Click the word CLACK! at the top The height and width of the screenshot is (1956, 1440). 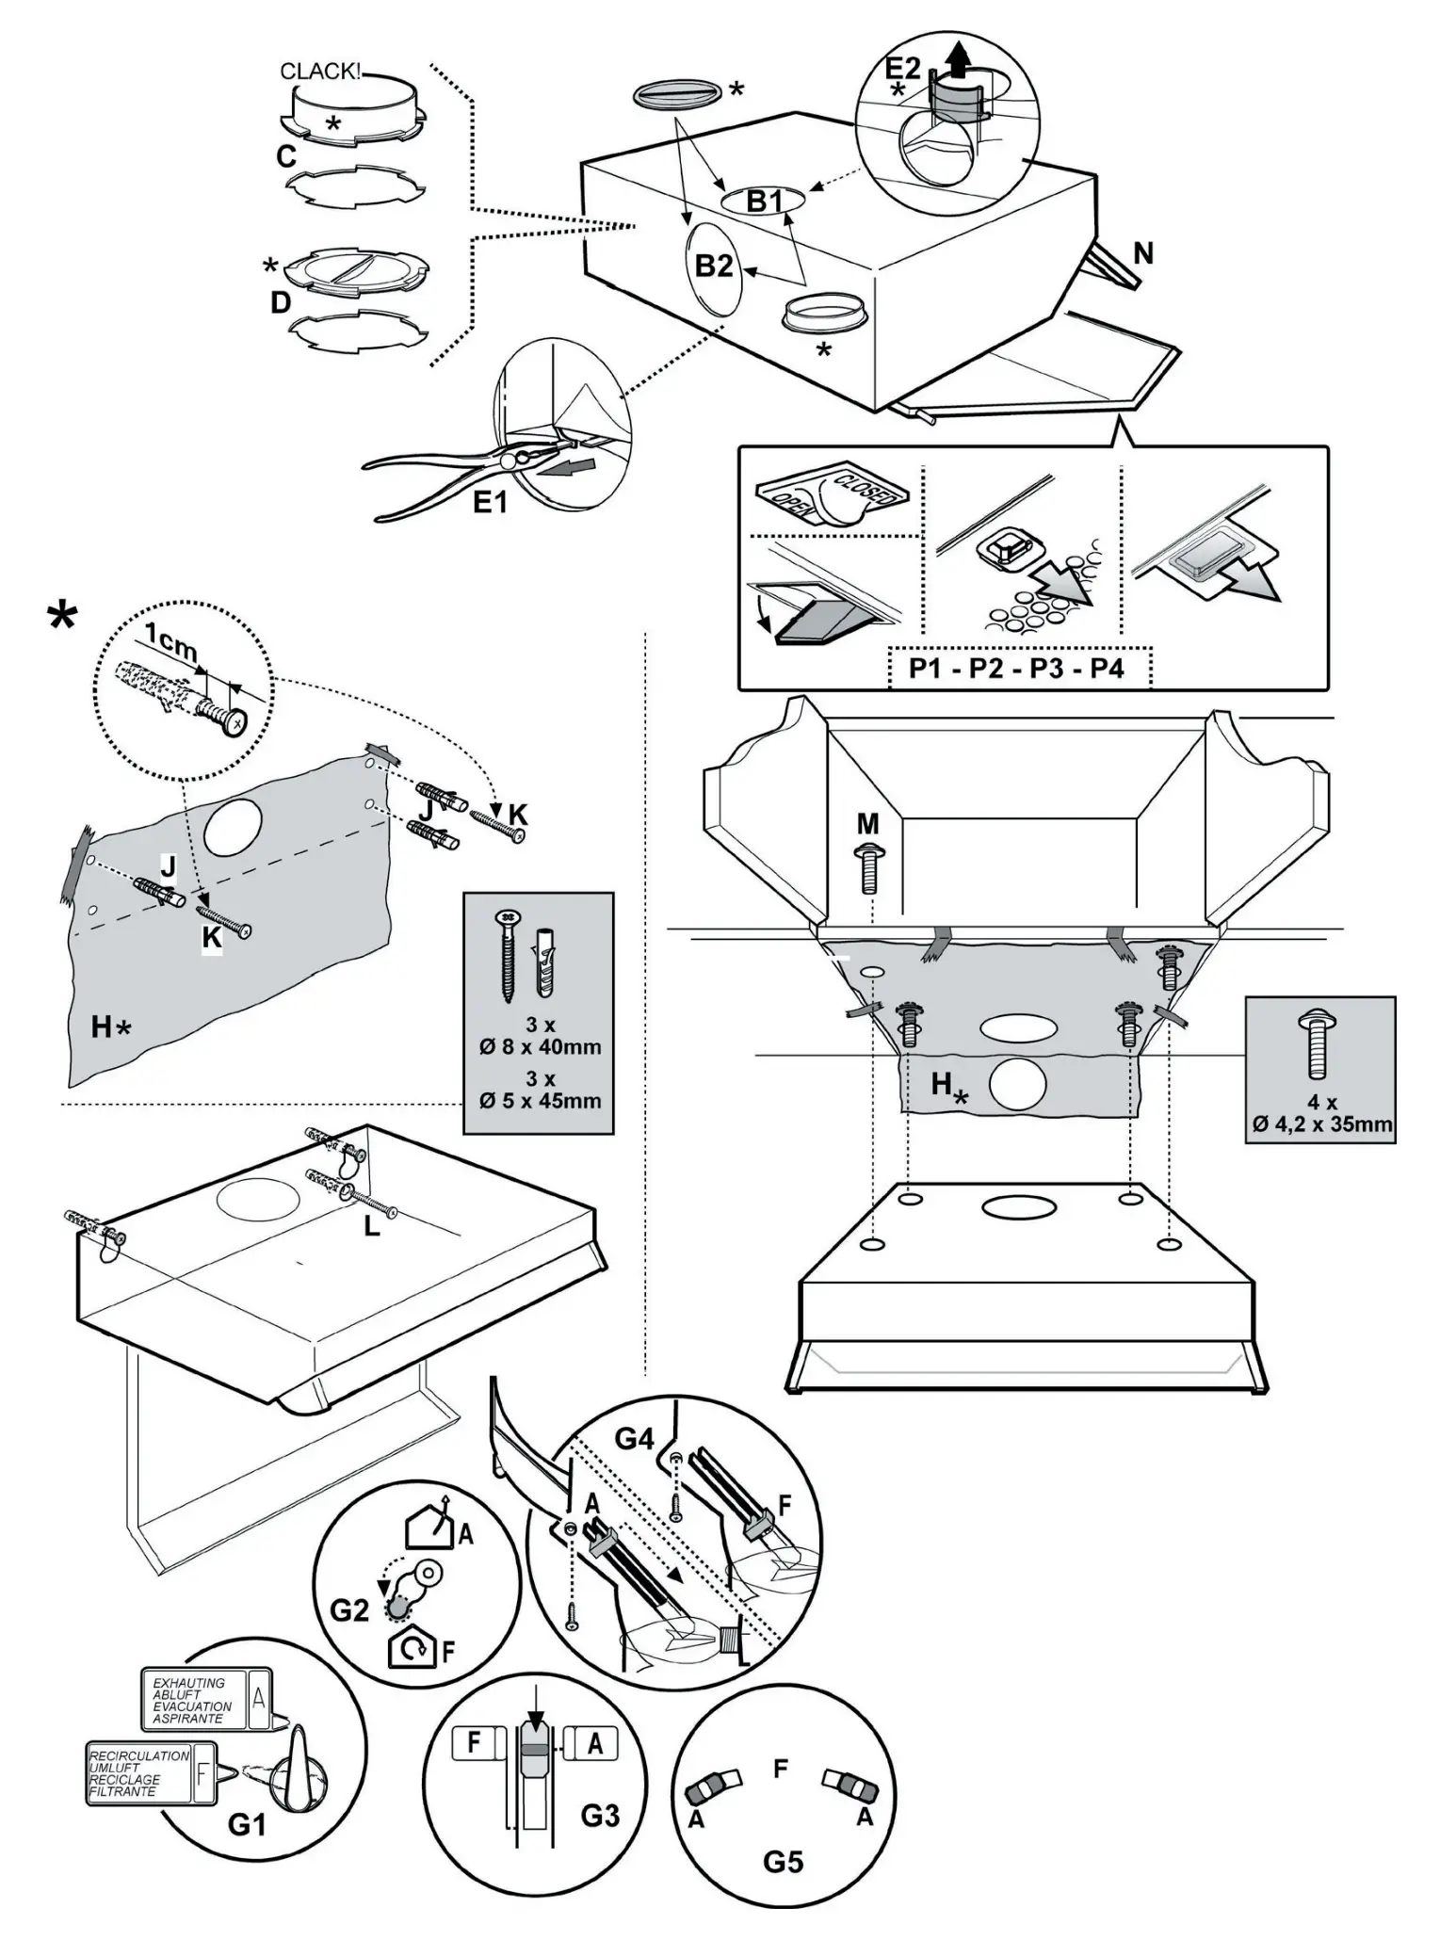(320, 73)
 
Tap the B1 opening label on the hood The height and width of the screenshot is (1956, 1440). (765, 201)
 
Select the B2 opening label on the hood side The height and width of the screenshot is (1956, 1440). (713, 267)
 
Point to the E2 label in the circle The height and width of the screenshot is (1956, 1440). (902, 68)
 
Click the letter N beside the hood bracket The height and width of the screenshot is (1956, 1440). (1142, 253)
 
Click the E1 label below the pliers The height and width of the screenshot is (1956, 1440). (490, 503)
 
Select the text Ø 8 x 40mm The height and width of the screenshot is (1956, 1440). (540, 1046)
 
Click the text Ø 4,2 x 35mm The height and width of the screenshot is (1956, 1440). (1322, 1123)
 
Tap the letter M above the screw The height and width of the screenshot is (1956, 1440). (867, 824)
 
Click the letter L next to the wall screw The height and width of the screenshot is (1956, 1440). (372, 1227)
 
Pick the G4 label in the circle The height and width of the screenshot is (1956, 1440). (634, 1439)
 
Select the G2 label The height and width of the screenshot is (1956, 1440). (349, 1610)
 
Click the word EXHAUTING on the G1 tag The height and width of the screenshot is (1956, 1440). (189, 1683)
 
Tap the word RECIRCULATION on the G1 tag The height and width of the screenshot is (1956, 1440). (138, 1755)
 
